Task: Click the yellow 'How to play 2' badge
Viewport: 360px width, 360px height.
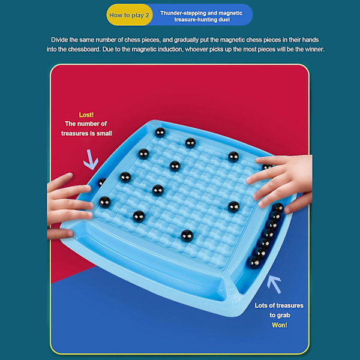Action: tap(129, 15)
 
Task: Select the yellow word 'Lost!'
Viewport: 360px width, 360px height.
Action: tap(86, 115)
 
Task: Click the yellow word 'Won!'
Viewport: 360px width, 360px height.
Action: tap(280, 325)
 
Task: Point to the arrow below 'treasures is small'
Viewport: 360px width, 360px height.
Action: tap(91, 160)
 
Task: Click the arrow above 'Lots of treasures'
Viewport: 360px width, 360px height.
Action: tap(274, 284)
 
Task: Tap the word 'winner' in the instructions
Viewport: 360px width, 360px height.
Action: tap(314, 49)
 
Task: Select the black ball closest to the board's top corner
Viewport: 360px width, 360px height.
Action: tap(160, 133)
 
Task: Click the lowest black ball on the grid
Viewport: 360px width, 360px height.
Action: tap(187, 236)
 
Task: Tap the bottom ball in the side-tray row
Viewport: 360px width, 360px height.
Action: tap(254, 262)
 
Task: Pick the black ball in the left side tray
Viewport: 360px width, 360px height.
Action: tap(101, 182)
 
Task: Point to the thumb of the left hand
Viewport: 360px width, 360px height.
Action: tap(60, 234)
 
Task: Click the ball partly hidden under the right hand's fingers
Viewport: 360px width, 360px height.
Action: tap(267, 167)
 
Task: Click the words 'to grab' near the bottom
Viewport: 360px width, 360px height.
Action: tap(280, 315)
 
